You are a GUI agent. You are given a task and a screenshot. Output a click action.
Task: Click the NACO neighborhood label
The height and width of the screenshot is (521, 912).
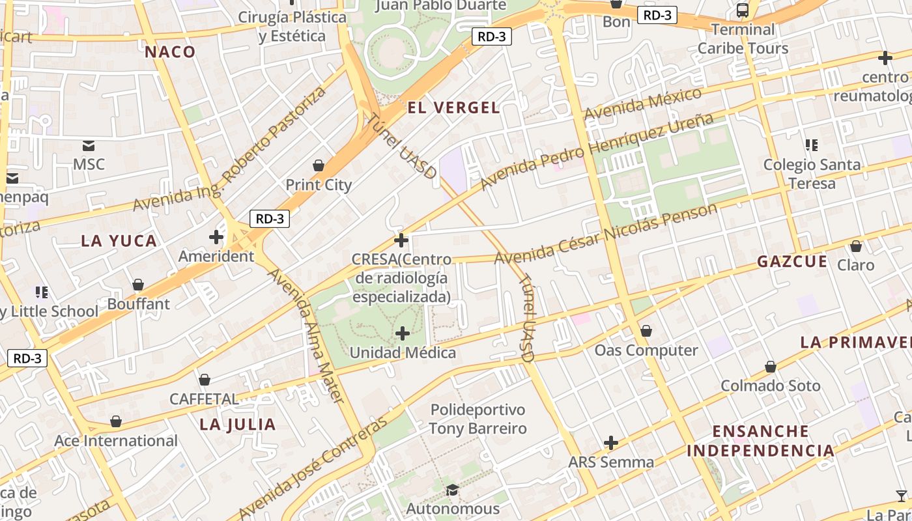(x=170, y=52)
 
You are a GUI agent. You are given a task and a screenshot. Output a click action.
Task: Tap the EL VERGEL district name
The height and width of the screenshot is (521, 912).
(x=453, y=108)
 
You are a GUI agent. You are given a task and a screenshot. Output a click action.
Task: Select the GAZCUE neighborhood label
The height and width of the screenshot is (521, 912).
(x=791, y=262)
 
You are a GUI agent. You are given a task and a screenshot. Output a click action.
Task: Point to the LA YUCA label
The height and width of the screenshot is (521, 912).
(x=119, y=241)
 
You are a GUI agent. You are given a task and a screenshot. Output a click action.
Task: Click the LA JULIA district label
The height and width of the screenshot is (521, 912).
(x=238, y=425)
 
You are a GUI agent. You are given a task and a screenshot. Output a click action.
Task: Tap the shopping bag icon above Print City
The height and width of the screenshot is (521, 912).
(x=319, y=165)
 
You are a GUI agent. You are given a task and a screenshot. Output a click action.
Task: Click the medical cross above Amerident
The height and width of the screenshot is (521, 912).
(x=216, y=237)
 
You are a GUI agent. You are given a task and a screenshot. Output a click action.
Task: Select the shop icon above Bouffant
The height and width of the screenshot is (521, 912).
(x=138, y=285)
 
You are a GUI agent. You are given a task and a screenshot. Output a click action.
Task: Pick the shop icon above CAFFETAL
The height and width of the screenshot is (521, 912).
(x=205, y=379)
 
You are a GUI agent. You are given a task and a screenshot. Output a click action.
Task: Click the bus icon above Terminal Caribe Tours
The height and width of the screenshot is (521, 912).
(x=742, y=10)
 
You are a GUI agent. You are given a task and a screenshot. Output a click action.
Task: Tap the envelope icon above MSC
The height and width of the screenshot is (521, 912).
(x=89, y=145)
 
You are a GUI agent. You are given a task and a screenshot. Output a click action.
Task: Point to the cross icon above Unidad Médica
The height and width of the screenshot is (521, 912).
(x=403, y=333)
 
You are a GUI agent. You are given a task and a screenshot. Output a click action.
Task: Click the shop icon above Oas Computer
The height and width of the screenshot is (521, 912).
(x=646, y=331)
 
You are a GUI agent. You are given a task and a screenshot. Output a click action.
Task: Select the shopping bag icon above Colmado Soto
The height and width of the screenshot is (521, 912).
(x=770, y=367)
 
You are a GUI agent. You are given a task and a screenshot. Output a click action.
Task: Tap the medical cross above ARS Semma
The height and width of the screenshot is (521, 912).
(x=610, y=443)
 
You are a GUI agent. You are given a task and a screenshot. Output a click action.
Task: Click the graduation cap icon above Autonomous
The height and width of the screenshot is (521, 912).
(x=452, y=489)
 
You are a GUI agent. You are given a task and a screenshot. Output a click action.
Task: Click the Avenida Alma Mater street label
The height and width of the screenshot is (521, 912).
(x=306, y=335)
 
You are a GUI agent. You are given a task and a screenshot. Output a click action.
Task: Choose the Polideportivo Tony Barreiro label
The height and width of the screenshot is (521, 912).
(x=477, y=419)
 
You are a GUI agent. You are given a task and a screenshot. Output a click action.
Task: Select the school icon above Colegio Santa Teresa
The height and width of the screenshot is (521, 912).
(x=811, y=145)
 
